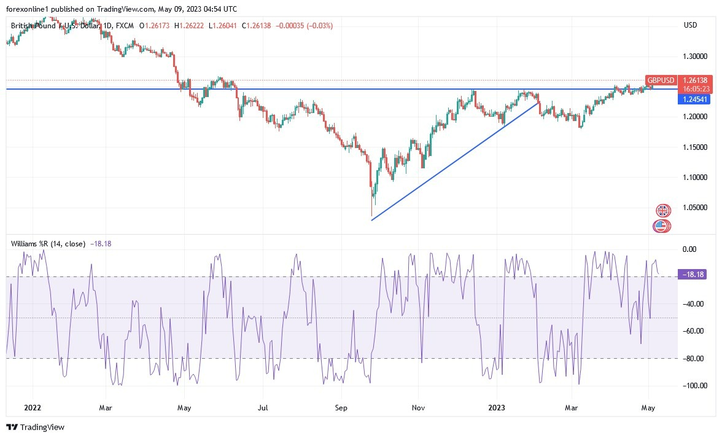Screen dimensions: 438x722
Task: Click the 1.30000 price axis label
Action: (x=695, y=57)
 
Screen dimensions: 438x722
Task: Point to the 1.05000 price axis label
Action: (x=695, y=208)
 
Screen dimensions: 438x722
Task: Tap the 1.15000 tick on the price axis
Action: (x=695, y=147)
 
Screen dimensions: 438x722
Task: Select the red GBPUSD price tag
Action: (x=661, y=80)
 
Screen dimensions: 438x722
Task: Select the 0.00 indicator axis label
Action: (x=690, y=249)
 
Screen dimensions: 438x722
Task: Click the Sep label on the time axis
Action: (x=341, y=407)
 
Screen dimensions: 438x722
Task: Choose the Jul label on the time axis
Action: (x=263, y=407)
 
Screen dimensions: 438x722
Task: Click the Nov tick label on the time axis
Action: (x=418, y=407)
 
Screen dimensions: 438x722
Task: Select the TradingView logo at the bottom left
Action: (x=35, y=427)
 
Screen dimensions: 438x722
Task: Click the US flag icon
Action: (x=661, y=225)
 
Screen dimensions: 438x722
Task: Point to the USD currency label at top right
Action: (x=690, y=25)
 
